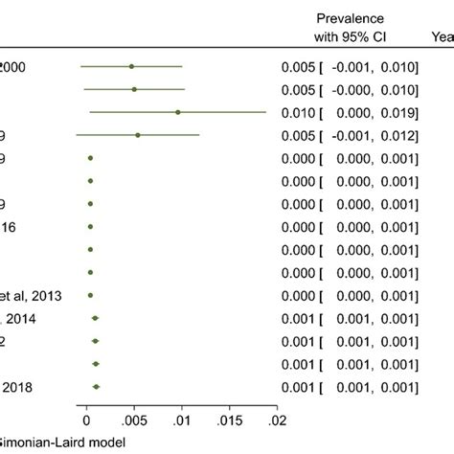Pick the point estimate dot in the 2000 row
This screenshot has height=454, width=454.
pyautogui.click(x=131, y=66)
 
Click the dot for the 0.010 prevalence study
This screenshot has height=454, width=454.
pyautogui.click(x=178, y=112)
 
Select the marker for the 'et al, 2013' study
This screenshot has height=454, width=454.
pyautogui.click(x=90, y=295)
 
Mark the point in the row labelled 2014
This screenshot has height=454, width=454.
pyautogui.click(x=95, y=318)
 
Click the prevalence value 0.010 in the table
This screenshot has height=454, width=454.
pyautogui.click(x=297, y=112)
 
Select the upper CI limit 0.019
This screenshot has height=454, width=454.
pyautogui.click(x=398, y=112)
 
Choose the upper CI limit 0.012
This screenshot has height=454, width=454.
pyautogui.click(x=398, y=135)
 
